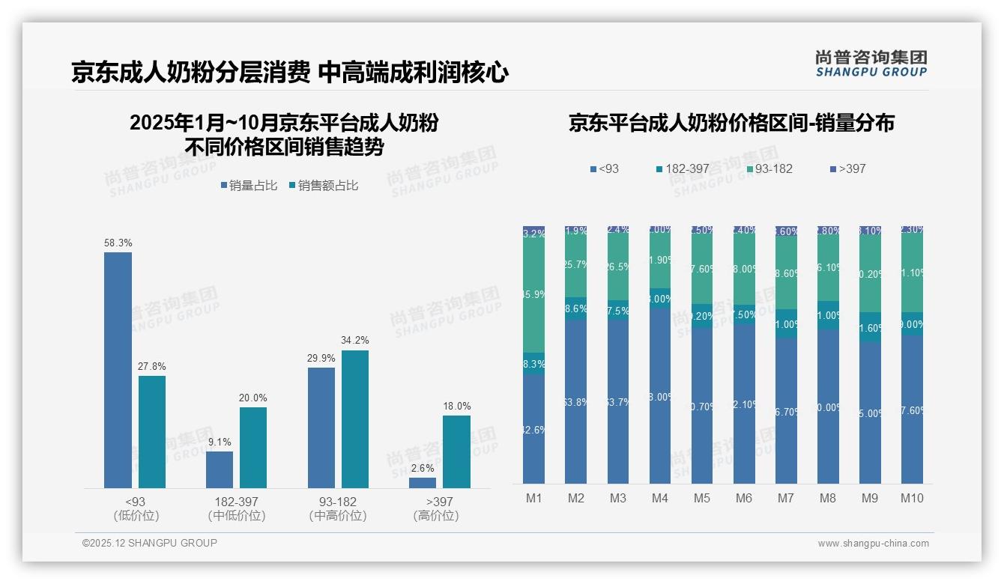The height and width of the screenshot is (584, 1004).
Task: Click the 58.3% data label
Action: (118, 243)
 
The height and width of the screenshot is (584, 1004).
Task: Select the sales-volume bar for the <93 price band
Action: (118, 371)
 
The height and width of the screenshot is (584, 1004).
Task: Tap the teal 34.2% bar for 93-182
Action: (355, 419)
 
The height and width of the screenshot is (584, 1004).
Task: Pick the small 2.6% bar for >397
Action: (423, 483)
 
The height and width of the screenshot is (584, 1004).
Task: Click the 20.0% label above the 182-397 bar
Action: (253, 398)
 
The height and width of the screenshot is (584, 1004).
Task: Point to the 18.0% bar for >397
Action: (456, 452)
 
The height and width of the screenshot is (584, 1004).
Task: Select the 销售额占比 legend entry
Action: (324, 186)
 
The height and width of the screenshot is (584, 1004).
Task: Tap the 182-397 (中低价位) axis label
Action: (236, 508)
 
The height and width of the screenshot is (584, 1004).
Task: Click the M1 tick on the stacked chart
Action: (533, 499)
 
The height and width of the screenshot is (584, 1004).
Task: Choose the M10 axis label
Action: (912, 499)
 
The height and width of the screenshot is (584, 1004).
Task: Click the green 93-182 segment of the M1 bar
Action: (533, 295)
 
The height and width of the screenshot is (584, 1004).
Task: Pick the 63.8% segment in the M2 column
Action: (575, 402)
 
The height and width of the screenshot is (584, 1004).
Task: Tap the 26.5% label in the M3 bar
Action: (617, 267)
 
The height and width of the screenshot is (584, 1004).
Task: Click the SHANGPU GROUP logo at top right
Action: (871, 64)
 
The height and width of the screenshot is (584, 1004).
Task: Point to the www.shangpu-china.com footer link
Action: (873, 544)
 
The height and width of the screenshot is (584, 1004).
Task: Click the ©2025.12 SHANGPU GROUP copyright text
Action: (150, 543)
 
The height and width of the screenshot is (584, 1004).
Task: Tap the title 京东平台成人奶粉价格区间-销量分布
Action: (731, 123)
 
